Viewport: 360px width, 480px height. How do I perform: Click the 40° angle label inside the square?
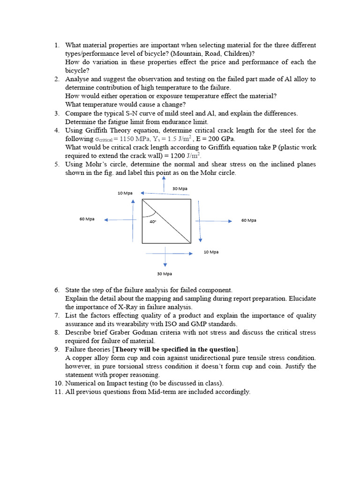153,222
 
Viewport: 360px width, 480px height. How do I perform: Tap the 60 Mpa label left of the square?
87,219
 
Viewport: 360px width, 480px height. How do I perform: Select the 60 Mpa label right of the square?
248,220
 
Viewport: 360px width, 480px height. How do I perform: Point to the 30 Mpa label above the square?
180,188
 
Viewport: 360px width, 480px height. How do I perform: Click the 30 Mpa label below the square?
164,274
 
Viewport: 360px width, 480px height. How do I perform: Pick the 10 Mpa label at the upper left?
125,193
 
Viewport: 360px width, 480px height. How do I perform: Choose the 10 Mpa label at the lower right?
211,252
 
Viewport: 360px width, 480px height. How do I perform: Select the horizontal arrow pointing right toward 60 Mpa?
213,221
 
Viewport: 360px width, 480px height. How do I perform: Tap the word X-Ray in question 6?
131,307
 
